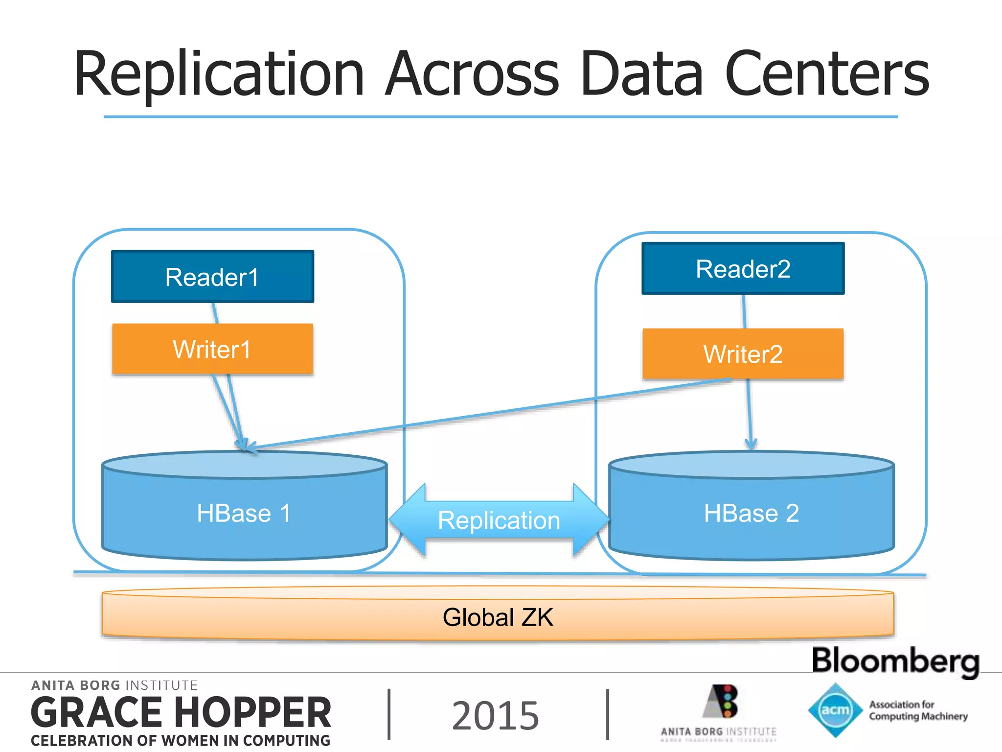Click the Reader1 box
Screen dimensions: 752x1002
pos(212,277)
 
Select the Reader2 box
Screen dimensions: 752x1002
pos(743,269)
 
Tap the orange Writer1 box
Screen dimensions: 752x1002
pos(212,349)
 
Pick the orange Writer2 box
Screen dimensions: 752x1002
pos(743,354)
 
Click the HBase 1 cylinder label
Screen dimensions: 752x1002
pos(244,513)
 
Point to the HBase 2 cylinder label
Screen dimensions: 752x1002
pos(751,513)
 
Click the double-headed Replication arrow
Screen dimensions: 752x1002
pos(499,520)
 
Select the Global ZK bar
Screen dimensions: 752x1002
pos(498,616)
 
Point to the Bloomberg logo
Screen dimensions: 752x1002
pos(895,661)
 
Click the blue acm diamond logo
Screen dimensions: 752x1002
pos(835,710)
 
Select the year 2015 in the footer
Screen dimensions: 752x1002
pos(495,715)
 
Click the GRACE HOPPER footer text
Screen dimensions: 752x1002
pos(181,713)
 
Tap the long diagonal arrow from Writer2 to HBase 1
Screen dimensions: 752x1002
pos(489,414)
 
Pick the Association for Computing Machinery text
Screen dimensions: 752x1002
pos(918,710)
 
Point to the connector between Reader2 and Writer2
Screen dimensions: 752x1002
pos(744,311)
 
